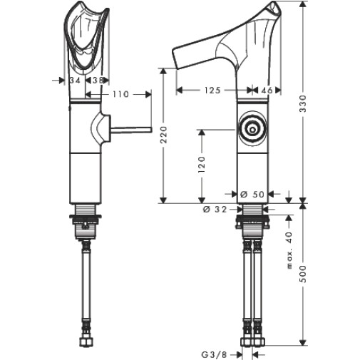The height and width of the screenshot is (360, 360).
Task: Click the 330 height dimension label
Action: (x=303, y=104)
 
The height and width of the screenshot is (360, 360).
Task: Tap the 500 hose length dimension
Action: (x=303, y=274)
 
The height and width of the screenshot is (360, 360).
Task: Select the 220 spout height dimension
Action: (x=164, y=135)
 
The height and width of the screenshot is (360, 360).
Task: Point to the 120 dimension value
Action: (x=202, y=165)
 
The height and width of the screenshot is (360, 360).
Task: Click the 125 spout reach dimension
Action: (x=212, y=91)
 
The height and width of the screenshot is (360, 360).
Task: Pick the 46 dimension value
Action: (x=267, y=91)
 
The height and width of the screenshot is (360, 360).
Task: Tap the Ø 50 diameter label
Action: (x=252, y=195)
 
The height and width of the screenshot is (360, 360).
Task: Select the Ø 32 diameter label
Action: (x=215, y=210)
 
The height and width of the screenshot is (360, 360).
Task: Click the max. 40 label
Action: (x=289, y=250)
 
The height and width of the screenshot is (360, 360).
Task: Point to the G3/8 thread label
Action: (x=214, y=355)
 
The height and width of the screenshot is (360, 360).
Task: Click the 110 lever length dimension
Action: (x=120, y=94)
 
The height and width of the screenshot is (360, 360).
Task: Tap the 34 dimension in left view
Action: (x=75, y=81)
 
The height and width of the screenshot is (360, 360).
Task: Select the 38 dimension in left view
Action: (x=98, y=81)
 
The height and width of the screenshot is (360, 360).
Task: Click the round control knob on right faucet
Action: (x=252, y=130)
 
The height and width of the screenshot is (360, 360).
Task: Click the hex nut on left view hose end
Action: (x=86, y=342)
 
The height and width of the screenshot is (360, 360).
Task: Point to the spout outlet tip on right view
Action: (x=175, y=58)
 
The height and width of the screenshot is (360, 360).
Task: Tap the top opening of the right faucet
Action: (x=273, y=9)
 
